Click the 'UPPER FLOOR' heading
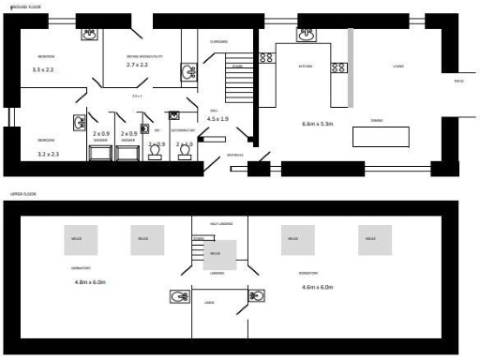(x=22, y=194)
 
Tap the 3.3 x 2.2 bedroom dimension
(x=43, y=69)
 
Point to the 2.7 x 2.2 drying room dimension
(x=143, y=66)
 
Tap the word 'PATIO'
(x=459, y=82)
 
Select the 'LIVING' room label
(x=398, y=67)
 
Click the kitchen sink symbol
(x=307, y=36)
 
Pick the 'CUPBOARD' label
(x=219, y=41)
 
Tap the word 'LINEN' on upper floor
(x=208, y=302)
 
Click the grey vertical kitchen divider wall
(x=351, y=67)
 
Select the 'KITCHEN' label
(x=306, y=67)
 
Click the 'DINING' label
(x=376, y=120)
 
